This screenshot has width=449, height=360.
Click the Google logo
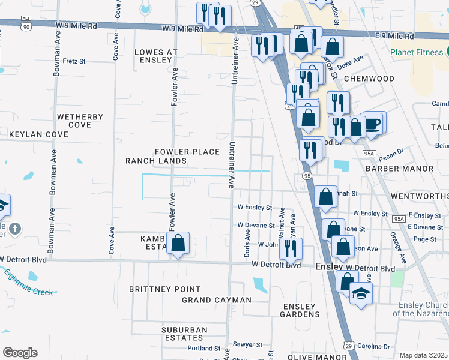coord(20,353)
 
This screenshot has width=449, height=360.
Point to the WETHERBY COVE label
coord(80,121)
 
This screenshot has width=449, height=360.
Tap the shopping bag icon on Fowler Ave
coord(178,244)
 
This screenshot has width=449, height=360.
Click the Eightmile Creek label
coord(29,283)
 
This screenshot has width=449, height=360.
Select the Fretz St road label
coord(74,61)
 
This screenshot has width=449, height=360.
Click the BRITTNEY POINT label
coord(165,289)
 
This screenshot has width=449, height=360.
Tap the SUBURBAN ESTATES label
coord(184,334)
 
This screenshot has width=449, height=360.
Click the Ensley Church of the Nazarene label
coord(421,309)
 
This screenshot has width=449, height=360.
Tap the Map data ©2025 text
coord(423,355)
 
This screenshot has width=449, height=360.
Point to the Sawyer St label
coord(248,345)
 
